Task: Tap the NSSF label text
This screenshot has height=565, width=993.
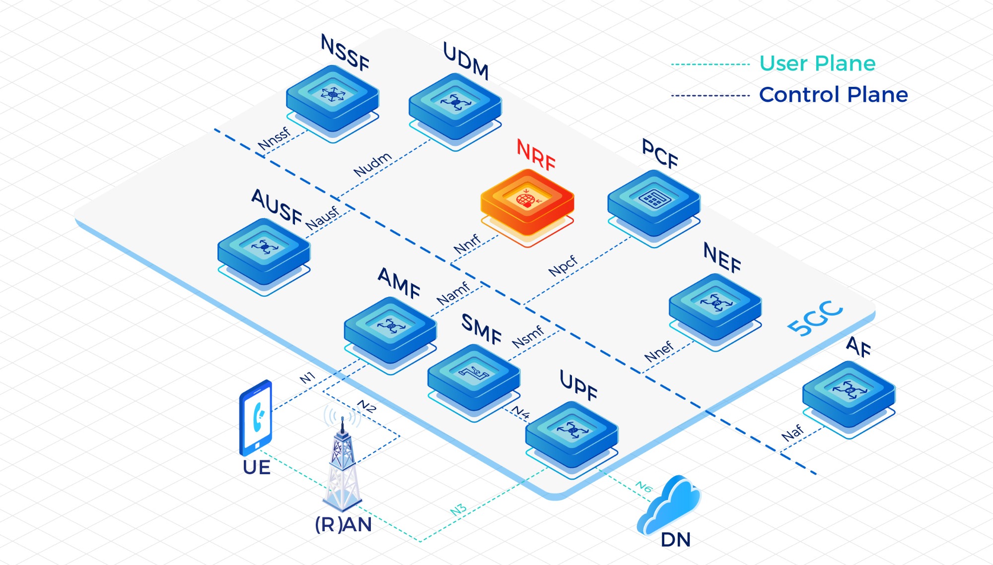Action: pyautogui.click(x=345, y=52)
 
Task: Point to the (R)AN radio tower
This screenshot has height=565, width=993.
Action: pyautogui.click(x=343, y=466)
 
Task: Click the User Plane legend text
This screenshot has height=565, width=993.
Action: pyautogui.click(x=817, y=63)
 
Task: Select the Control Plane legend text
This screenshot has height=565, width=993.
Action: pyautogui.click(x=833, y=95)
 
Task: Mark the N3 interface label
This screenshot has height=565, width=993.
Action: pyautogui.click(x=458, y=509)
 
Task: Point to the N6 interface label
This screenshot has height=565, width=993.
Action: pyautogui.click(x=643, y=487)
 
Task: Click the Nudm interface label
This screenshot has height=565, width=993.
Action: pyautogui.click(x=372, y=165)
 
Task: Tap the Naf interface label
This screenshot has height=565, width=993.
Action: pyautogui.click(x=792, y=433)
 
